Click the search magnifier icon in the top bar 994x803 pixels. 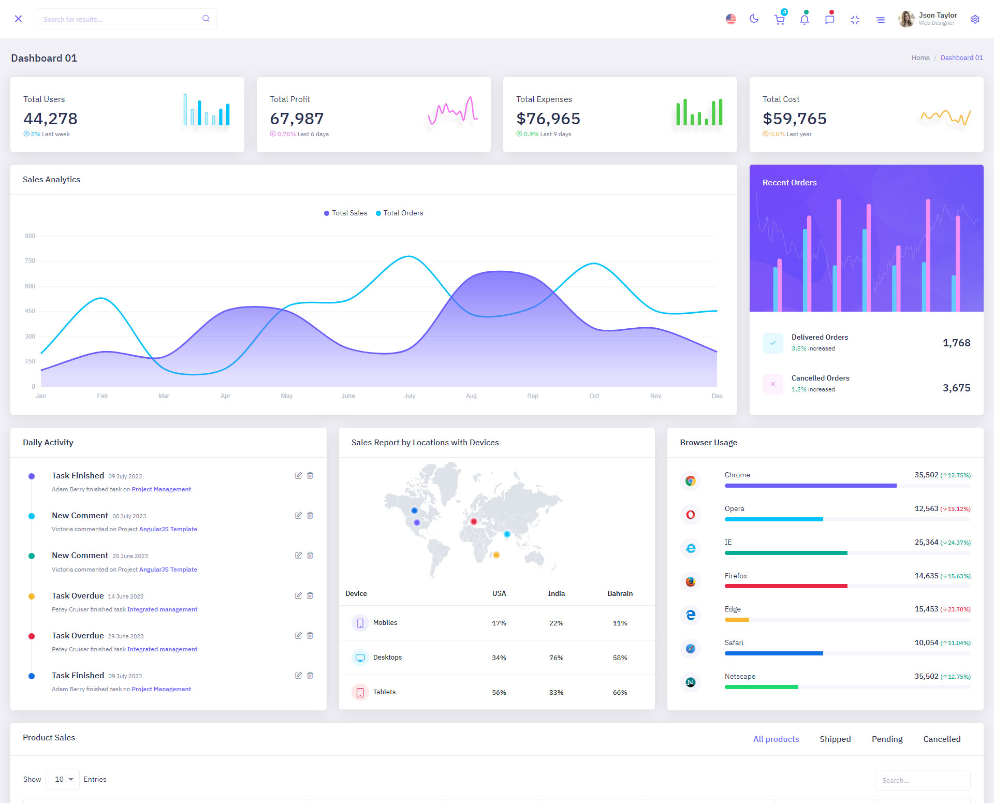[x=206, y=19]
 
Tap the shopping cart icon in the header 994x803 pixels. [x=779, y=20]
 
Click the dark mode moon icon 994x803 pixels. [x=754, y=19]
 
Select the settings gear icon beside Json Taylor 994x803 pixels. [x=975, y=19]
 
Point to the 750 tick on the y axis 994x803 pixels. [x=30, y=261]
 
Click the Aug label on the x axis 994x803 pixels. [x=471, y=396]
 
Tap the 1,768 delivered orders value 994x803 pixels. [x=956, y=343]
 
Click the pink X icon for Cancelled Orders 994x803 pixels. [x=772, y=384]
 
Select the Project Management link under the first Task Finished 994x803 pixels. [x=161, y=489]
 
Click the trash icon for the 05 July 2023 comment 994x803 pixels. [x=310, y=516]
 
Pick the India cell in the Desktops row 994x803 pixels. [x=556, y=658]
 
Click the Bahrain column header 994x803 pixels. [x=620, y=593]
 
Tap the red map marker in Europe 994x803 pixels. [x=474, y=521]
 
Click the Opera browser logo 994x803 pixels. [x=690, y=515]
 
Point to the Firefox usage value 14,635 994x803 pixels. [x=926, y=576]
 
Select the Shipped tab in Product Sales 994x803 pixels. [x=835, y=739]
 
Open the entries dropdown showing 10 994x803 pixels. [x=63, y=779]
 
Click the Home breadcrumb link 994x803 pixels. [x=920, y=58]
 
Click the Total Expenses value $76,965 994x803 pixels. [x=548, y=119]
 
